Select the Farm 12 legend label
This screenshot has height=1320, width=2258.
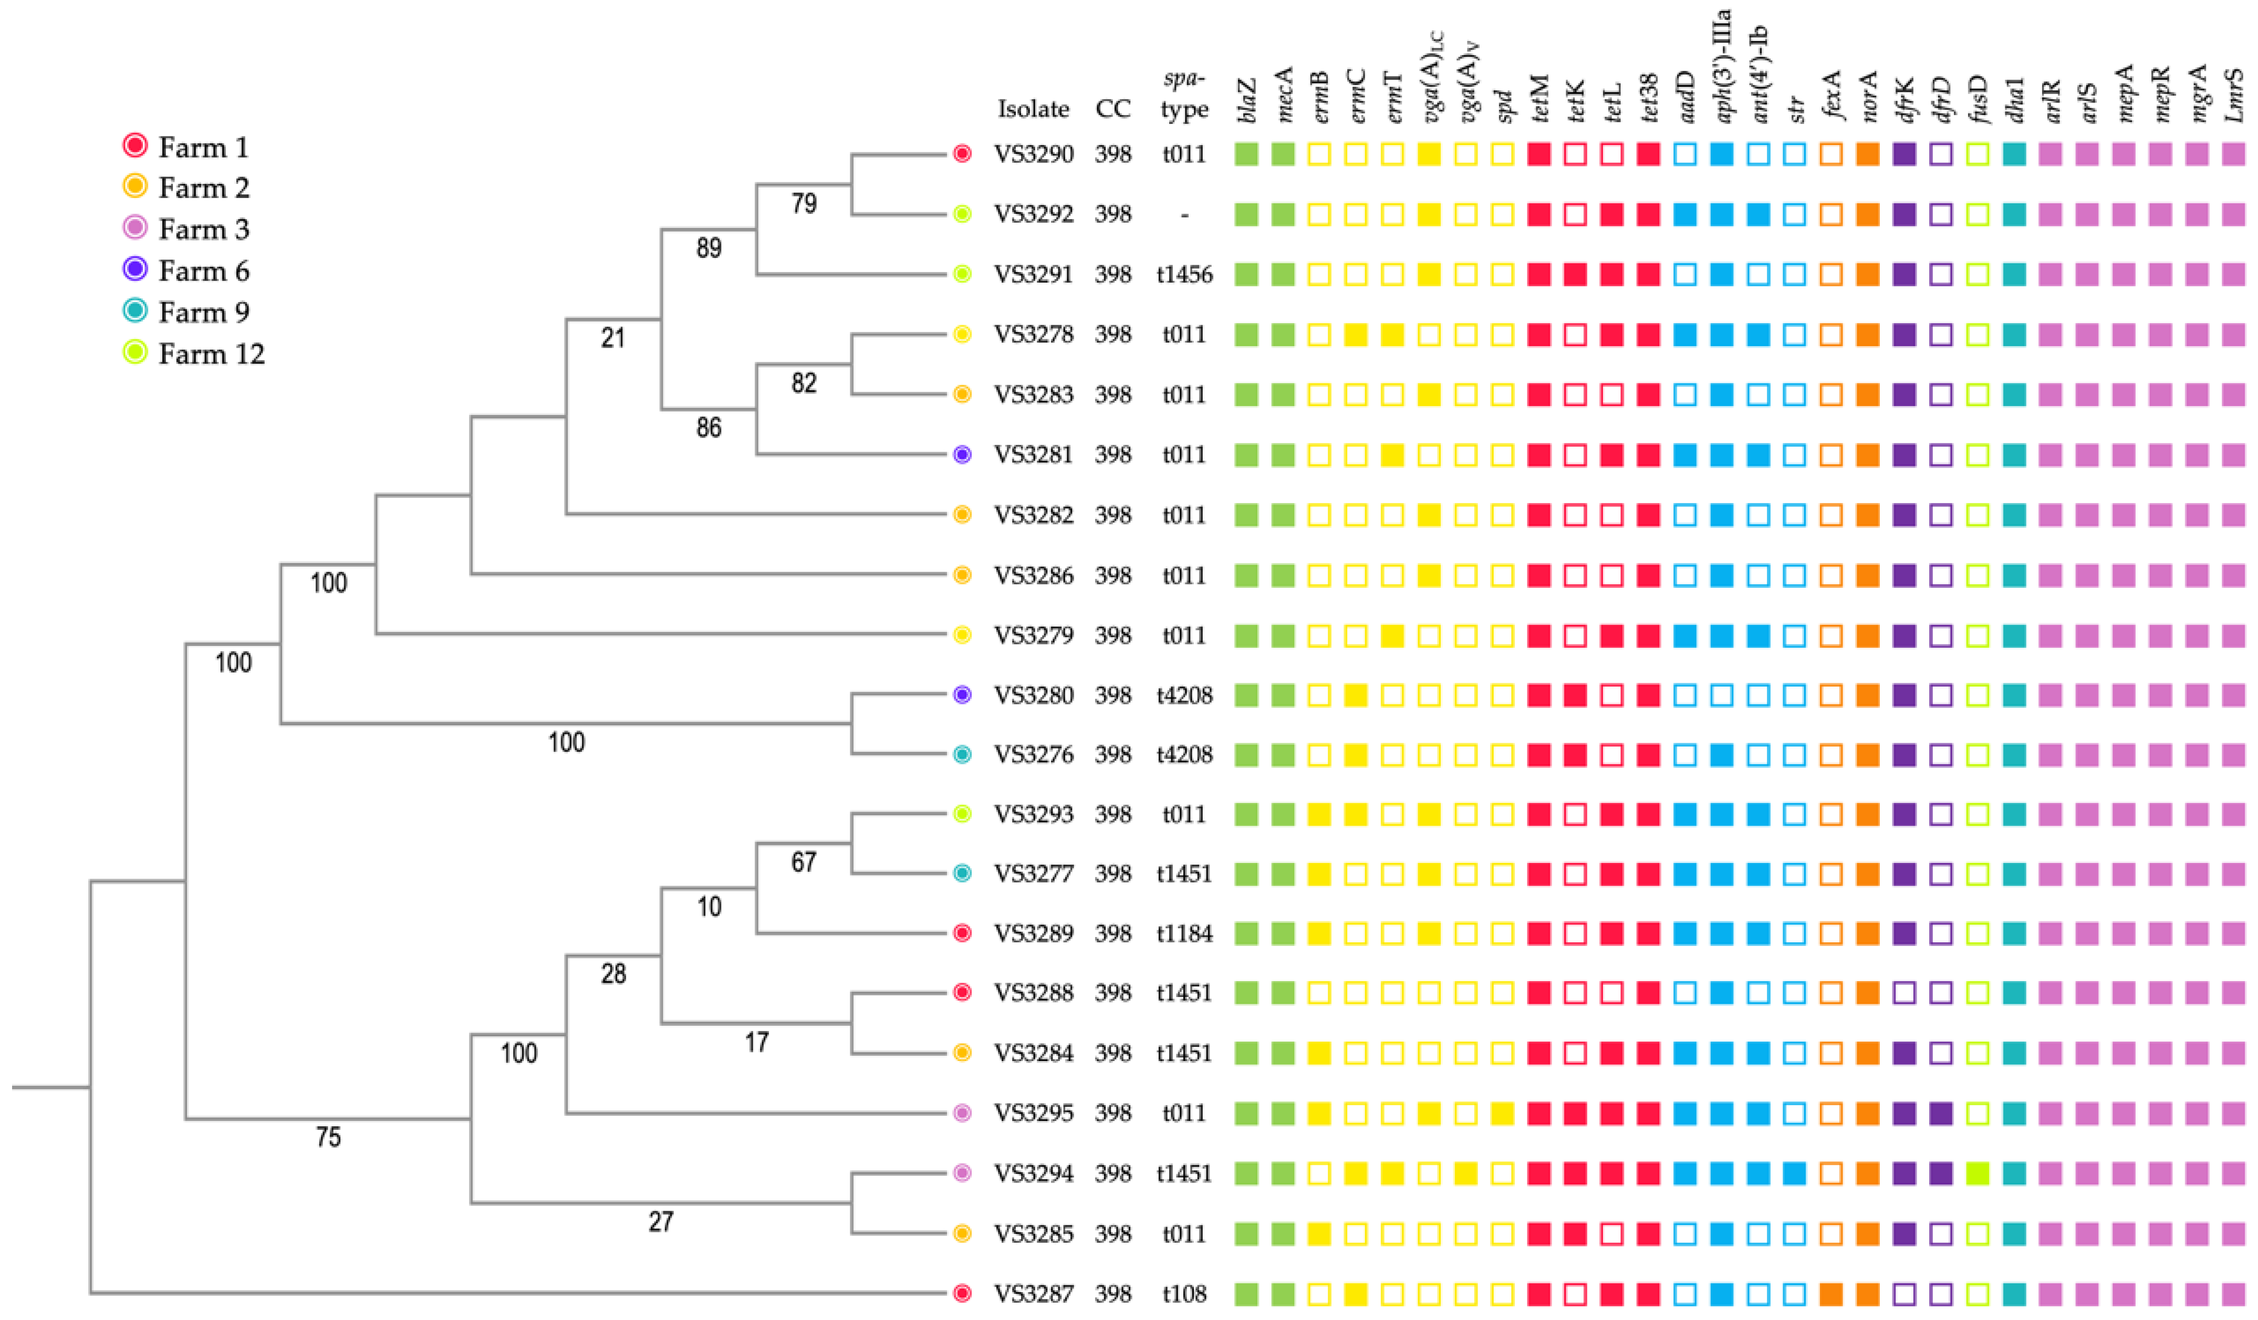click(212, 354)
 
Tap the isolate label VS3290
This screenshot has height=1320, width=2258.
click(1033, 154)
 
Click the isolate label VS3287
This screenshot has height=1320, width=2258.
click(1033, 1294)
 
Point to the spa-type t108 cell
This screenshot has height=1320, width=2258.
click(1184, 1294)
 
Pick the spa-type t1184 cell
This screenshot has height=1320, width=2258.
click(1184, 934)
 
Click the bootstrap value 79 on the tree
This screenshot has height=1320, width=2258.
click(804, 203)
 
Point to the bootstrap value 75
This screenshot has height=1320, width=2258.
click(328, 1137)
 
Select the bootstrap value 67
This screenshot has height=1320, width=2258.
click(804, 862)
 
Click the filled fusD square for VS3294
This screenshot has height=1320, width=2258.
click(1978, 1174)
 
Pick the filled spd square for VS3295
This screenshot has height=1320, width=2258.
click(1503, 1114)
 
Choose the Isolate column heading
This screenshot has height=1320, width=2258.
click(1033, 109)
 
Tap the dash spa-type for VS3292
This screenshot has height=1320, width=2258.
click(1184, 215)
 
